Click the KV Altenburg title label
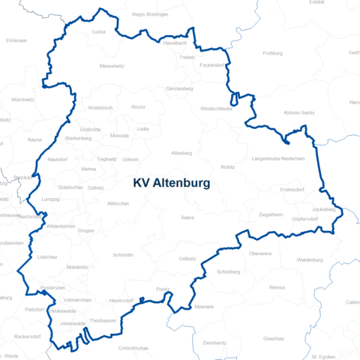tap(171, 182)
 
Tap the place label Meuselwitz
tap(111, 66)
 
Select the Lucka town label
tap(99, 32)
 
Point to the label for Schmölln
tap(122, 255)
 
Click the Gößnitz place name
tap(188, 258)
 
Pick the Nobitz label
tap(228, 166)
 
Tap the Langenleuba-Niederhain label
tap(278, 159)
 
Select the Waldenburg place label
tap(309, 259)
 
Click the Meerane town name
tap(202, 307)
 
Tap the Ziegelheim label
tap(271, 214)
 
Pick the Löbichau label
tap(46, 256)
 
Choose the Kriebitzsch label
tap(100, 107)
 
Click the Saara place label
tap(187, 217)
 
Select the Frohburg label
tap(273, 53)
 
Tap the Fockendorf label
tap(212, 65)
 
